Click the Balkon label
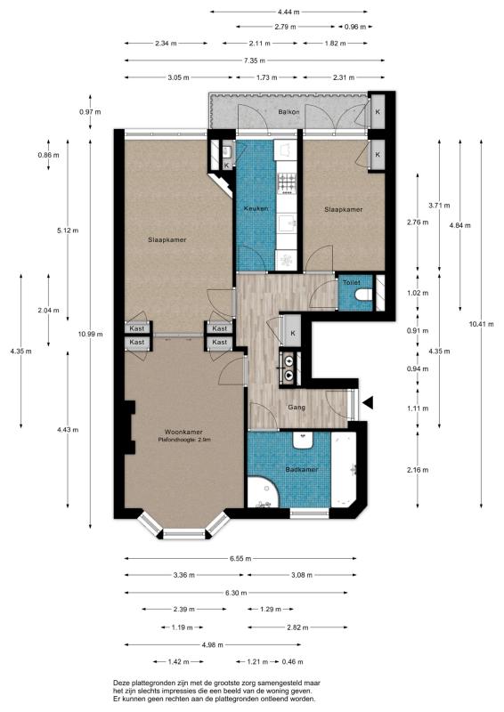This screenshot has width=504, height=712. pyautogui.click(x=288, y=112)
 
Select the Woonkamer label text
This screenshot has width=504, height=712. pyautogui.click(x=179, y=431)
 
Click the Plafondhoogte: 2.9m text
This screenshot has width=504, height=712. pyautogui.click(x=184, y=440)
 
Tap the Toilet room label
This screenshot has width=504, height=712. pyautogui.click(x=351, y=282)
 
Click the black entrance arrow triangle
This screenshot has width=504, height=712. pyautogui.click(x=369, y=403)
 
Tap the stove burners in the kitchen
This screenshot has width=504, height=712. pyautogui.click(x=288, y=182)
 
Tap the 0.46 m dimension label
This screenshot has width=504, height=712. pyautogui.click(x=291, y=662)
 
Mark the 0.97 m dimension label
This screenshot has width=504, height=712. pyautogui.click(x=90, y=111)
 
